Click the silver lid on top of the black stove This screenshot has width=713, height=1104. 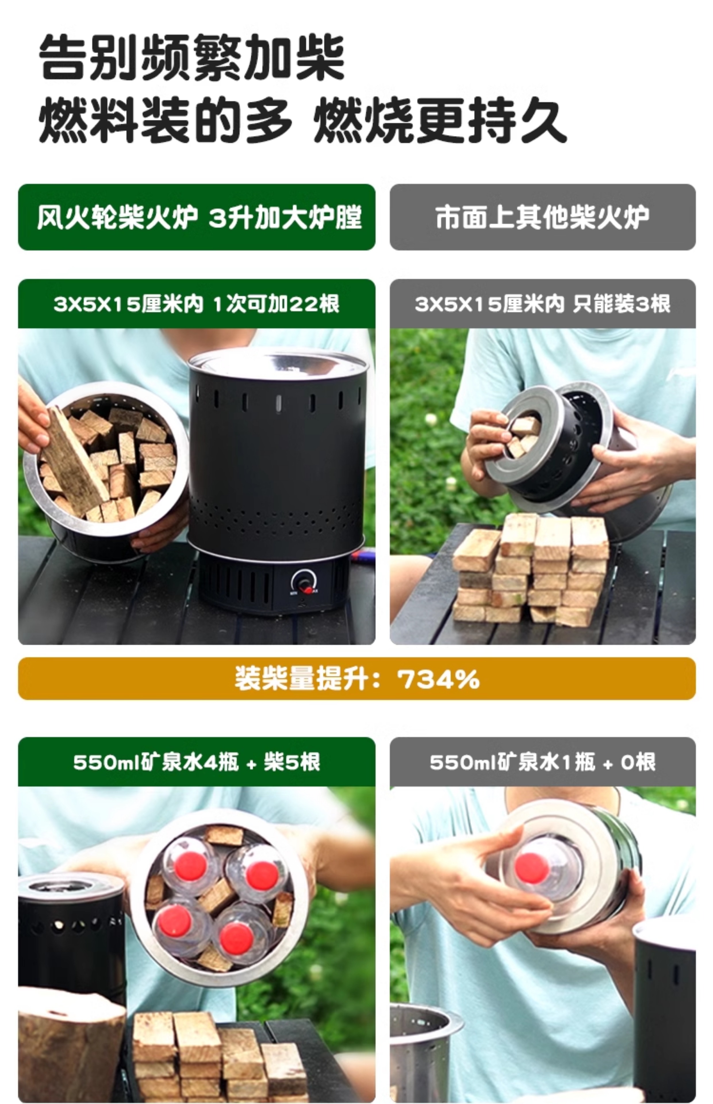coord(278,363)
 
